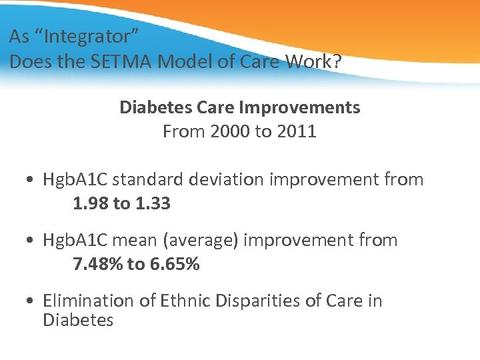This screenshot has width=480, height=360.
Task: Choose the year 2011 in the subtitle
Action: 295,131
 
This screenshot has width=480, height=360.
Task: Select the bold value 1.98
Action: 90,204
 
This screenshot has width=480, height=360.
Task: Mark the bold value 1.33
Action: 152,204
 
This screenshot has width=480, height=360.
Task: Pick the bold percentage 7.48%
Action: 97,265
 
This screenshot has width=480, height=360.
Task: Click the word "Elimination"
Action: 89,301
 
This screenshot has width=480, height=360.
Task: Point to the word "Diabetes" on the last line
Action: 78,320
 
